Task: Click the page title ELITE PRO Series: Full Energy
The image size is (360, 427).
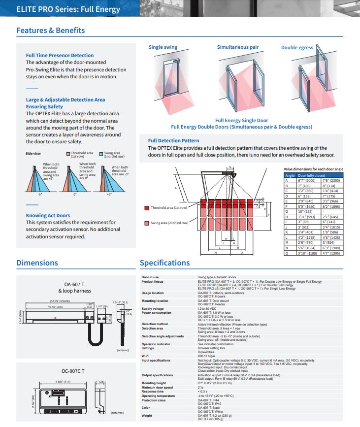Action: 68,9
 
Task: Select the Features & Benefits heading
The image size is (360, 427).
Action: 51,31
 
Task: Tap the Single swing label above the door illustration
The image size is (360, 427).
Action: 163,47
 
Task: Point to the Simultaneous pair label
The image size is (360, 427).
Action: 238,47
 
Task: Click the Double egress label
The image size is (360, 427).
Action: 297,48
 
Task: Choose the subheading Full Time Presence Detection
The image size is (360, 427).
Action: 60,56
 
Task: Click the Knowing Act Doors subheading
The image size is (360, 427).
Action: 48,215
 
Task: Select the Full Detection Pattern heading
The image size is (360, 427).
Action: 173,140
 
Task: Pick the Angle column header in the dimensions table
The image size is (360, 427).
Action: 290,175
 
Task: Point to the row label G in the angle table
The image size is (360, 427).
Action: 287,212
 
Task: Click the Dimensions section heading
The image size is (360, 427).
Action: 37,263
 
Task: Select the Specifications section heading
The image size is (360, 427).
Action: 164,263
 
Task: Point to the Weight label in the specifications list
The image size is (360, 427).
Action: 147,415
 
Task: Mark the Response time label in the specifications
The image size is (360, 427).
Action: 152,391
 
